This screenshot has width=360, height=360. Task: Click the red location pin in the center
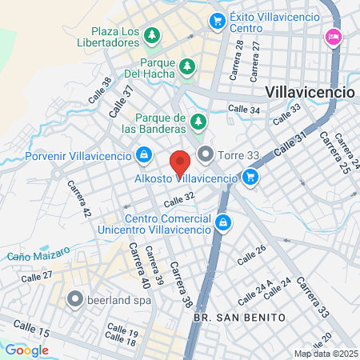(181, 163)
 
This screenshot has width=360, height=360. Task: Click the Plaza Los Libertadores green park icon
(152, 36)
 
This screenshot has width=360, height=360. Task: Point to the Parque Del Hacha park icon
(187, 65)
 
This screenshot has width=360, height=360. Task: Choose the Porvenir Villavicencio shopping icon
(143, 154)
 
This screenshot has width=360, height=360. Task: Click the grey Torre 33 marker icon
(206, 154)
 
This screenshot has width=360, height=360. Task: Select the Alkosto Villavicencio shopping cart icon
(250, 177)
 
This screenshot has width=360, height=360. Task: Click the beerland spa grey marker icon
(76, 300)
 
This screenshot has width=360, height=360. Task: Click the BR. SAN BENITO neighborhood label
(239, 318)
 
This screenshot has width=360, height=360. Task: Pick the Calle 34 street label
(243, 109)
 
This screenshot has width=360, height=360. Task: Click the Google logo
(26, 350)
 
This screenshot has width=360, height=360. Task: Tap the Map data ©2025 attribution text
(324, 354)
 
